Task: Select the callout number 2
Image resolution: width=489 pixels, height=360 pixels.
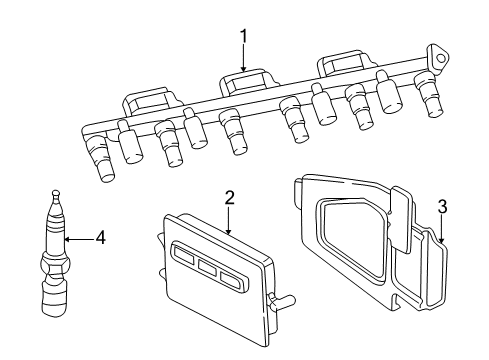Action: [x=229, y=197]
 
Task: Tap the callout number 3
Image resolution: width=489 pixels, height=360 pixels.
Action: [x=442, y=208]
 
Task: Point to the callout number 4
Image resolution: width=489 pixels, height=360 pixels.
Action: [x=100, y=238]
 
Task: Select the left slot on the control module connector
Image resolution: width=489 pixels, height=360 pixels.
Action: [x=187, y=260]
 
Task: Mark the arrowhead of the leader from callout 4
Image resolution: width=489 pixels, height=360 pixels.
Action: [x=65, y=238]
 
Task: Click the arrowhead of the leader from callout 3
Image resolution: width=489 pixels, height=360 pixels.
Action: [x=443, y=245]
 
